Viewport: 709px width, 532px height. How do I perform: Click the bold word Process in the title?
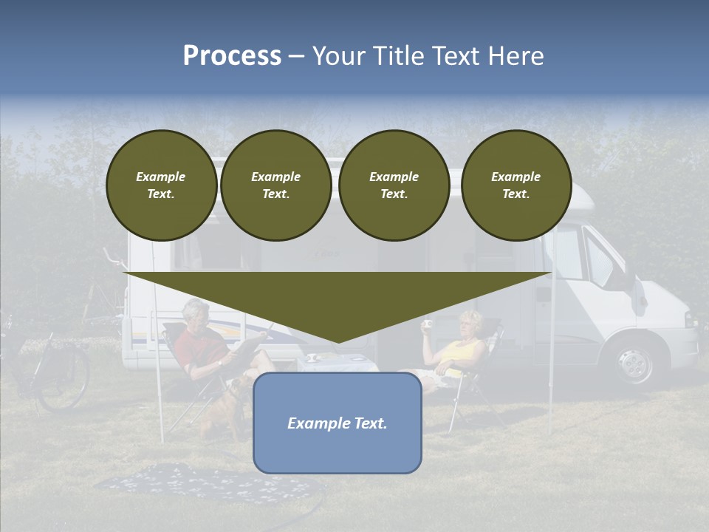point(232,56)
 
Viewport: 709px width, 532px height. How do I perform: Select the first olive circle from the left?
point(161,185)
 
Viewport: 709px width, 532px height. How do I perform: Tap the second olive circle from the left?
point(275,185)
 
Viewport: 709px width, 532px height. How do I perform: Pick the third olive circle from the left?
point(394,185)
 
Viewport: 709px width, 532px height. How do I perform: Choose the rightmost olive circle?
point(516,185)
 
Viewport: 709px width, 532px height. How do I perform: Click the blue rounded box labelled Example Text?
point(338,423)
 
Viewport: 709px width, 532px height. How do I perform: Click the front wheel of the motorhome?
point(633,362)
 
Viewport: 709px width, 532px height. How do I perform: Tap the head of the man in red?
point(195,311)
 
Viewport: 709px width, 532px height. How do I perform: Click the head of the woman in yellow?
point(470,324)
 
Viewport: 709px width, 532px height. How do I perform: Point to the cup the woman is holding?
point(427,324)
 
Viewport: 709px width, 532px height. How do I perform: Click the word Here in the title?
point(517,56)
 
